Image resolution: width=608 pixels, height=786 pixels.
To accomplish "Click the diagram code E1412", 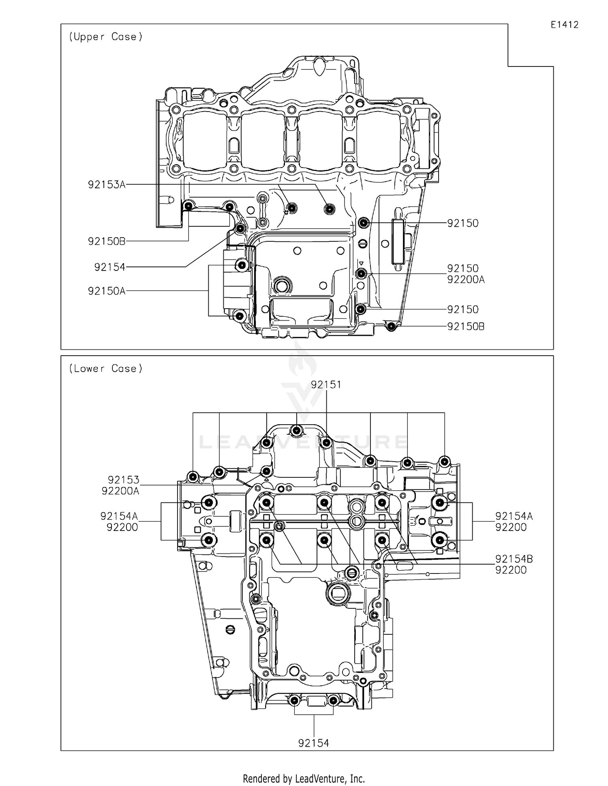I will [x=564, y=25].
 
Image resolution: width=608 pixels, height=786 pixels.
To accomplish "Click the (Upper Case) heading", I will [x=106, y=37].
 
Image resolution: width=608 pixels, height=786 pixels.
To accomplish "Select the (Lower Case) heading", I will [x=106, y=369].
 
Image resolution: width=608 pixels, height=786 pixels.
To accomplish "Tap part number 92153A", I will [x=107, y=185].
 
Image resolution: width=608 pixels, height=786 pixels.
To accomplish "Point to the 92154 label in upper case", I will [x=110, y=267].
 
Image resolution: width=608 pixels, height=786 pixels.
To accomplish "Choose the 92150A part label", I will [x=107, y=291].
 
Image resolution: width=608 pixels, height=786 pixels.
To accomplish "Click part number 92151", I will [x=326, y=384].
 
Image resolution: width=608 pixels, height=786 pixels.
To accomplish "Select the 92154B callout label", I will [x=514, y=559].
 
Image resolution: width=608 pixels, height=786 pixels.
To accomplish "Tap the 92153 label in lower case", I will [x=124, y=480].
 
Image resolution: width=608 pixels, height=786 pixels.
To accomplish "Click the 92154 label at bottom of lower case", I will [x=313, y=743].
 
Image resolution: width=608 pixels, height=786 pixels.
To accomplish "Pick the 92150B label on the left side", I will [x=107, y=241].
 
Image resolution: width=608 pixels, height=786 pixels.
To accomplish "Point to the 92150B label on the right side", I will [x=466, y=326].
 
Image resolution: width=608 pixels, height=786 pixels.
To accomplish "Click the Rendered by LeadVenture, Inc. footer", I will [x=304, y=779].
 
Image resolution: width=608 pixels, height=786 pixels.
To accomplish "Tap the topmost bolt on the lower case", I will [x=297, y=430].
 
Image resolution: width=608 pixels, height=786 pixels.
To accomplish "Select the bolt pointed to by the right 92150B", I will [x=391, y=326].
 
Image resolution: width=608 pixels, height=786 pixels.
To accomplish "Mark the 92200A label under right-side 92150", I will [x=466, y=280].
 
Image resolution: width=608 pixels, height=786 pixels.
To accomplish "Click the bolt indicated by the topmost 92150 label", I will [x=364, y=223].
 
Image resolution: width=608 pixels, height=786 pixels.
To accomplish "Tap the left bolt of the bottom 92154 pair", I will [x=294, y=700].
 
